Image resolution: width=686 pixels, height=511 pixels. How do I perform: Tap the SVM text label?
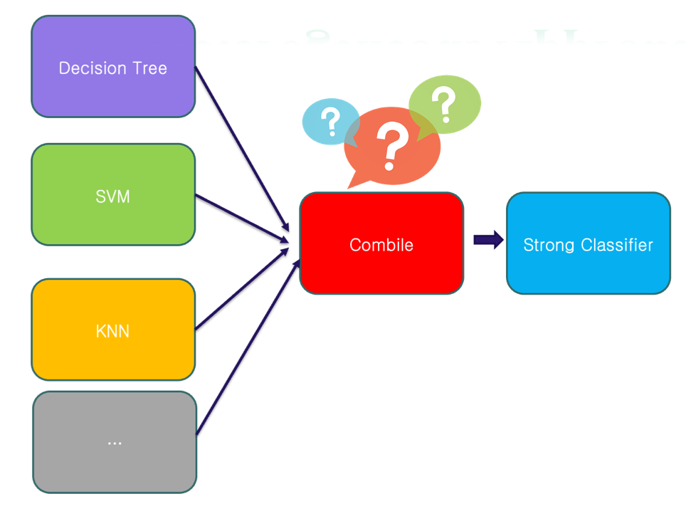pos(113,196)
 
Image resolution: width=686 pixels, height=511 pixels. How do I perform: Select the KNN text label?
pos(113,331)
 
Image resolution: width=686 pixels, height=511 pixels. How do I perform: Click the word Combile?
pos(381,245)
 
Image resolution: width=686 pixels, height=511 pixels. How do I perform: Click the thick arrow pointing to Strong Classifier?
pos(487,240)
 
